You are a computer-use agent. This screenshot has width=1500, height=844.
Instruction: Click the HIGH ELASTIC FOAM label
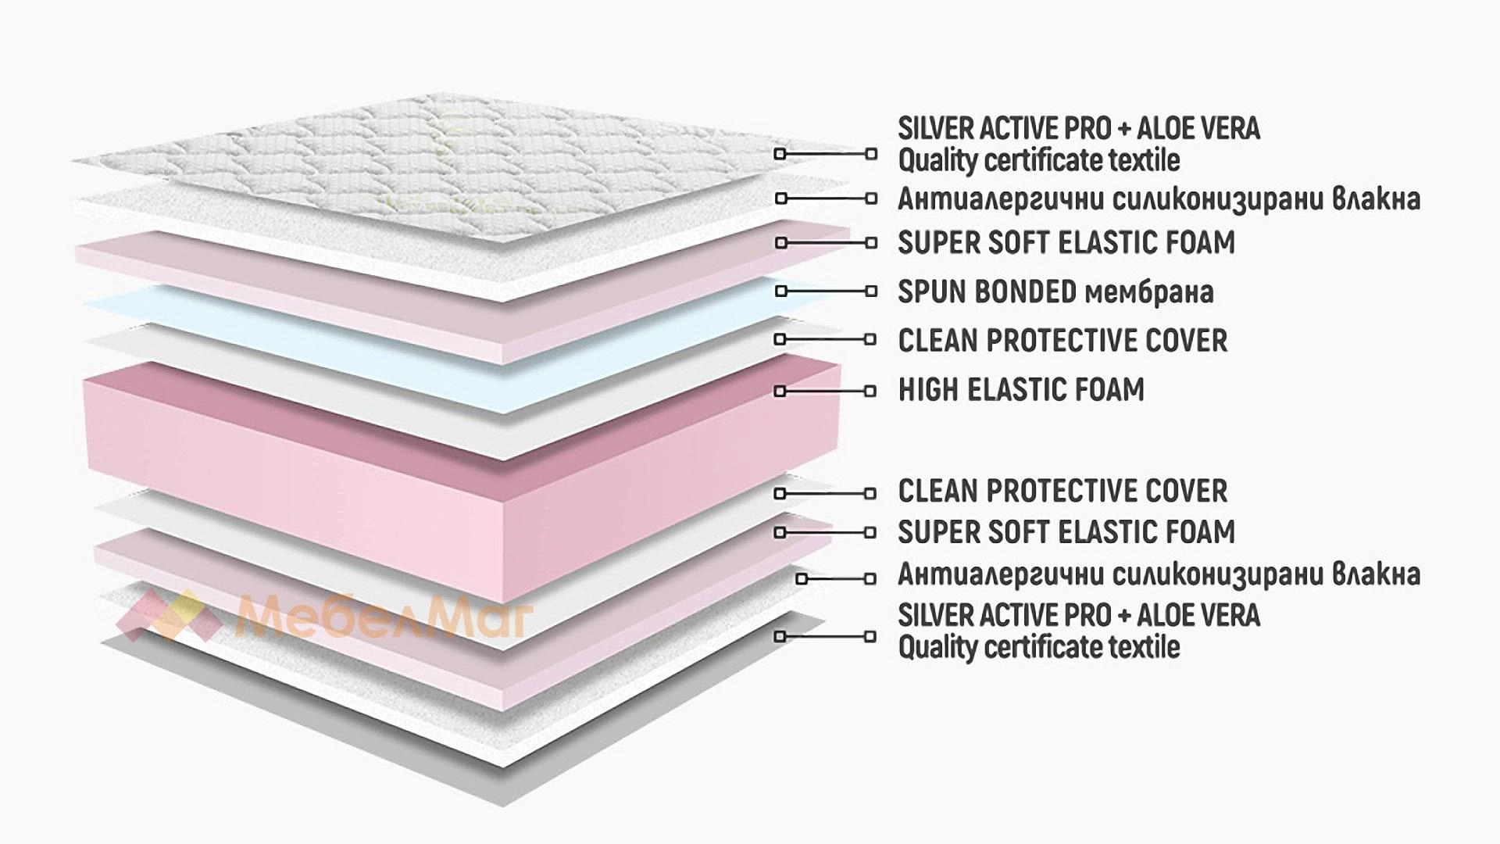coord(1021,389)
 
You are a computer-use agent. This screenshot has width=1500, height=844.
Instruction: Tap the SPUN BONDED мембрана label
coord(1055,291)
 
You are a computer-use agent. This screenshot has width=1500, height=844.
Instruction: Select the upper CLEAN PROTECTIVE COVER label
coord(1062,340)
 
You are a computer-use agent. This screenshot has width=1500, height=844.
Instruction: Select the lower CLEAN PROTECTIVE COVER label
coord(1062,491)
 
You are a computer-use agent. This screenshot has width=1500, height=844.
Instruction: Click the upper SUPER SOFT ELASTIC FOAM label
coord(1066,242)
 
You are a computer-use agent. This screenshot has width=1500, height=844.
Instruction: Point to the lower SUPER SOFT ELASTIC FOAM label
coord(1066,531)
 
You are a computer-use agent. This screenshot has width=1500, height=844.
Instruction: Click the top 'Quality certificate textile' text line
coord(1039,160)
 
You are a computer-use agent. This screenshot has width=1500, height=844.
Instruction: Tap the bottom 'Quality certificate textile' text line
coord(1039,647)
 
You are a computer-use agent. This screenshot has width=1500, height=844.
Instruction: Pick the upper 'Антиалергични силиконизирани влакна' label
coord(1159,198)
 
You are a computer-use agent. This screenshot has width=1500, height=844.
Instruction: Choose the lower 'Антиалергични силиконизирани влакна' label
coord(1159,574)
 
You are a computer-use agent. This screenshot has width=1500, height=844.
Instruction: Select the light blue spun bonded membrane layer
coord(461,344)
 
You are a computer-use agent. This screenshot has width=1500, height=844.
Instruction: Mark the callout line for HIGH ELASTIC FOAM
coord(825,391)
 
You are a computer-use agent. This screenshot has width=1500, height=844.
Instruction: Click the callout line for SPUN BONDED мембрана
coord(825,291)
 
